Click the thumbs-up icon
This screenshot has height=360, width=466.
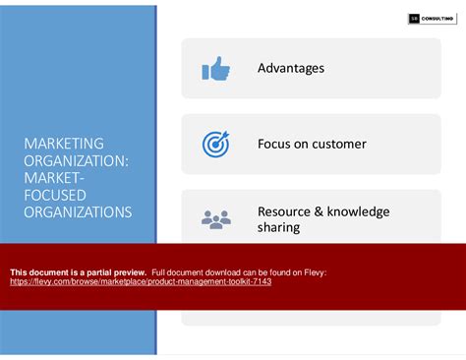click(214, 69)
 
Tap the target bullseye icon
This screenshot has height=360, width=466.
click(214, 145)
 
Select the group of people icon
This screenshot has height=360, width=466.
click(214, 219)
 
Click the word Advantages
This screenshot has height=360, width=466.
click(291, 69)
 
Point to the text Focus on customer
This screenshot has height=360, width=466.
click(312, 145)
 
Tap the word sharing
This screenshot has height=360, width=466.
click(278, 228)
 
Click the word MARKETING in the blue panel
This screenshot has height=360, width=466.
click(64, 145)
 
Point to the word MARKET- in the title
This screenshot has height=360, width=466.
click(55, 178)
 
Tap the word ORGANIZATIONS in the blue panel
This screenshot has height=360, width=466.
click(77, 211)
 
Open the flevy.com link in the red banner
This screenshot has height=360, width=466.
click(141, 281)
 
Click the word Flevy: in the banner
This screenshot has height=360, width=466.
click(314, 271)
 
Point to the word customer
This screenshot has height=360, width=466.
click(339, 145)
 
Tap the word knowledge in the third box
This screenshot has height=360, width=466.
click(357, 211)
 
